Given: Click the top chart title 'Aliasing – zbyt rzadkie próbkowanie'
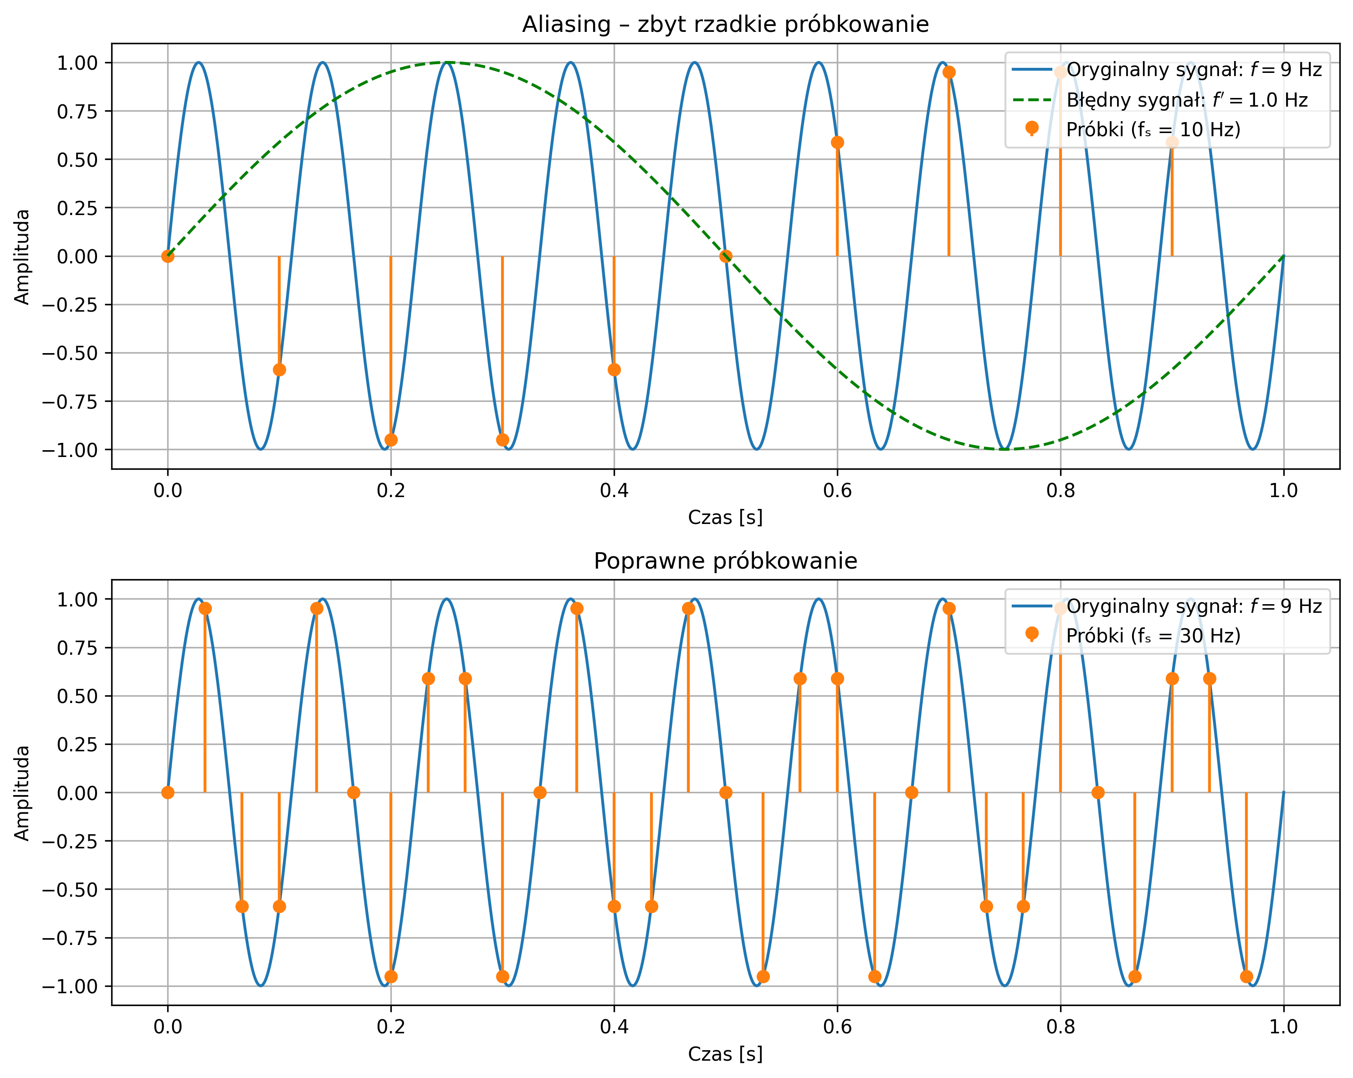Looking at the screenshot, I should tap(725, 25).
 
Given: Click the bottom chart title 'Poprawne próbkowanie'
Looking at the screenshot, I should tap(725, 561).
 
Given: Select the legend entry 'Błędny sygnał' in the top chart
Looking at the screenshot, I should tap(1186, 100).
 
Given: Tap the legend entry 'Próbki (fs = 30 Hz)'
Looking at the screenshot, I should tap(1153, 636).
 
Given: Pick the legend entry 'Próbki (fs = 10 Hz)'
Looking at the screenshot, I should tap(1153, 129).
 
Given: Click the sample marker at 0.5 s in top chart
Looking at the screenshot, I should tap(725, 256).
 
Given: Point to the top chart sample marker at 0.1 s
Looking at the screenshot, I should tap(279, 370).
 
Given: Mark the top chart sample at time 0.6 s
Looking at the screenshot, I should tap(837, 143).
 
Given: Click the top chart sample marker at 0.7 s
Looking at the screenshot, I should tap(949, 72).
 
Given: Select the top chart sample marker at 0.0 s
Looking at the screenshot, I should tap(168, 256).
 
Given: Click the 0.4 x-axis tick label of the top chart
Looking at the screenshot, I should tap(614, 491).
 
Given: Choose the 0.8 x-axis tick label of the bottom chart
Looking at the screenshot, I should tap(1061, 1027).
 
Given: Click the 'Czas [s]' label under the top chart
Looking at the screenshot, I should tap(725, 518).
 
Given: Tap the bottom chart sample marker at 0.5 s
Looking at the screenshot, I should tap(725, 792).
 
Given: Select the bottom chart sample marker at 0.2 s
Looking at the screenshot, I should tap(391, 976).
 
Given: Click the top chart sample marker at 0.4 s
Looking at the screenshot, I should tap(614, 370).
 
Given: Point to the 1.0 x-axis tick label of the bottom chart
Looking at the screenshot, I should tap(1283, 1027).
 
